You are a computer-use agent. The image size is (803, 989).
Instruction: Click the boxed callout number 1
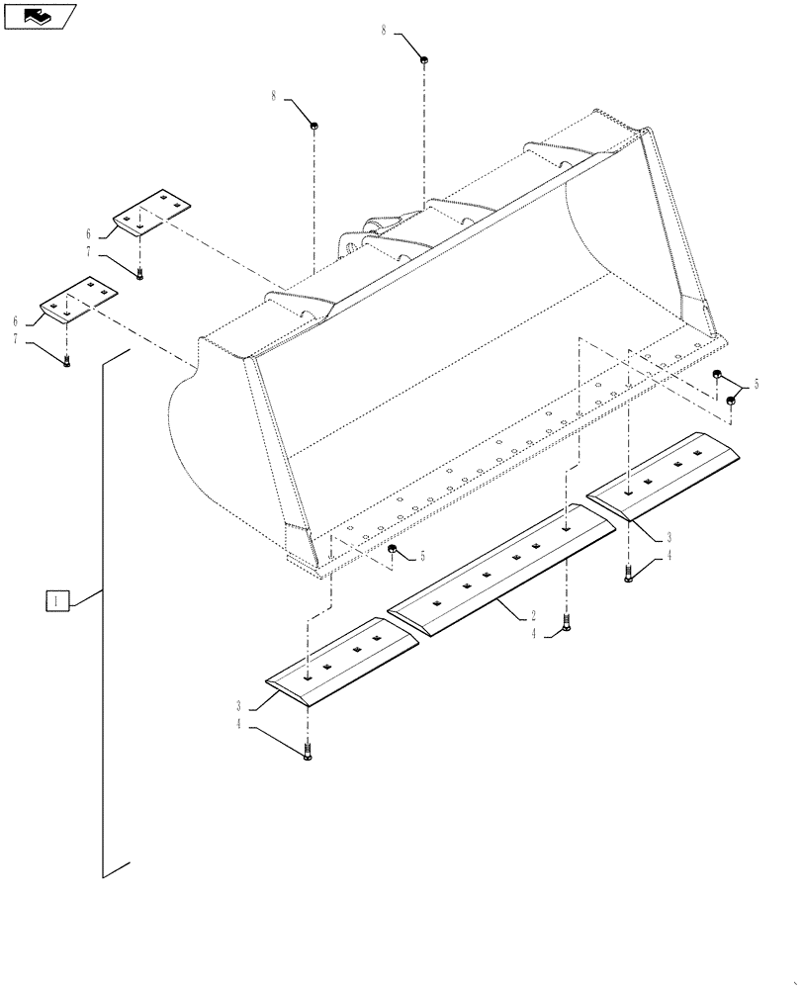tap(57, 600)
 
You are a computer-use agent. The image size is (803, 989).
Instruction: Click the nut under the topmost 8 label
tap(423, 60)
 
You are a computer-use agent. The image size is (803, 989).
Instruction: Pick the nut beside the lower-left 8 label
tap(313, 125)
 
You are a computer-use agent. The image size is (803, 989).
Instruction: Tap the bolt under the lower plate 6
tap(66, 362)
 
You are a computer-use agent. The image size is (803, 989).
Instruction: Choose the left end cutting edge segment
tap(342, 659)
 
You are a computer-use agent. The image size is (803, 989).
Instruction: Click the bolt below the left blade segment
tap(308, 753)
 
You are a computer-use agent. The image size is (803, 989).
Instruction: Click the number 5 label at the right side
tap(758, 384)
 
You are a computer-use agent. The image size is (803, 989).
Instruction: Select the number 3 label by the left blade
tap(238, 706)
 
